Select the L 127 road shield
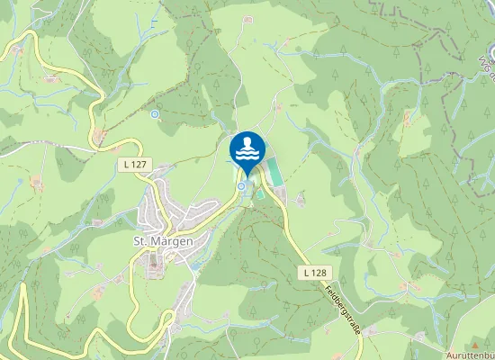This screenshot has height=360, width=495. (131, 165)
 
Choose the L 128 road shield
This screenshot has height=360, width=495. (314, 272)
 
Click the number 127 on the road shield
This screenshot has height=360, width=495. (136, 165)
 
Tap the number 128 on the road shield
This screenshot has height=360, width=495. (319, 272)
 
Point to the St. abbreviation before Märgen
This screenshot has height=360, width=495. (140, 241)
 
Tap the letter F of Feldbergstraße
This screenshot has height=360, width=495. (326, 283)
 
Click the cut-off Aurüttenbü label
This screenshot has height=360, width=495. (470, 355)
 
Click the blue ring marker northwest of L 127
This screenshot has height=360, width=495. (155, 114)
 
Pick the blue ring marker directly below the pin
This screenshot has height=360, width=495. (241, 186)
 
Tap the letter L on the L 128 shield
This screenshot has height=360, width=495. (306, 272)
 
